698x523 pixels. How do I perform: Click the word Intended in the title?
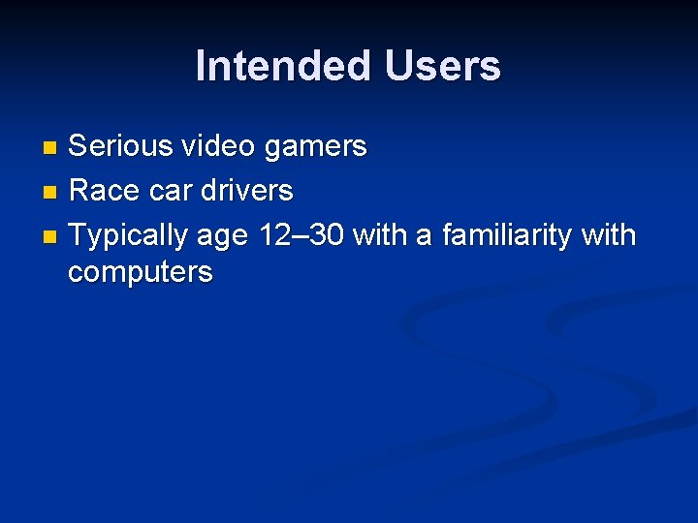284,67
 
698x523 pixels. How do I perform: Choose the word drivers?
246,191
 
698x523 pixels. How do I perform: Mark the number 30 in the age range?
325,235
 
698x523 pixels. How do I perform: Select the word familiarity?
506,236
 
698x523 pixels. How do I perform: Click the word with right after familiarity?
608,235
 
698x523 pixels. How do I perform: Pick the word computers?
140,273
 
